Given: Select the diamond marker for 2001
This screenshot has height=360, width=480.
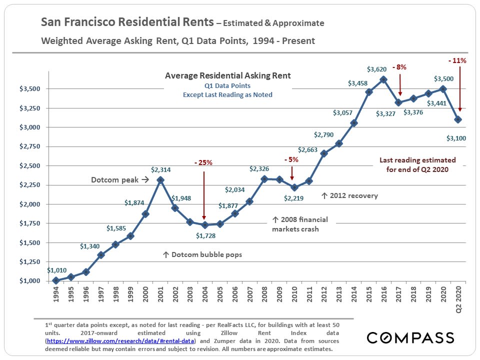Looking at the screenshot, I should pos(160,180).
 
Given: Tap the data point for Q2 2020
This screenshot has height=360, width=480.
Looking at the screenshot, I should pos(458,119).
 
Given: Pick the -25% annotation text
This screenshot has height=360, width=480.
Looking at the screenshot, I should pos(203,162).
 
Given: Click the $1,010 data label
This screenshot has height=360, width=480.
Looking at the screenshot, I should pos(56,270).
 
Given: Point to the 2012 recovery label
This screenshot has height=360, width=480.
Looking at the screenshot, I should pos(349,195).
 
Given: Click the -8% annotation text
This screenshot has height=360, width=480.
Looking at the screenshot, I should pos(400,66).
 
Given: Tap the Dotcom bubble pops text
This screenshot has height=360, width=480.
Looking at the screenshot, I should pos(202,254).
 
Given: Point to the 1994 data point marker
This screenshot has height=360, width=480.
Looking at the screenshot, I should pos(56,280).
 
